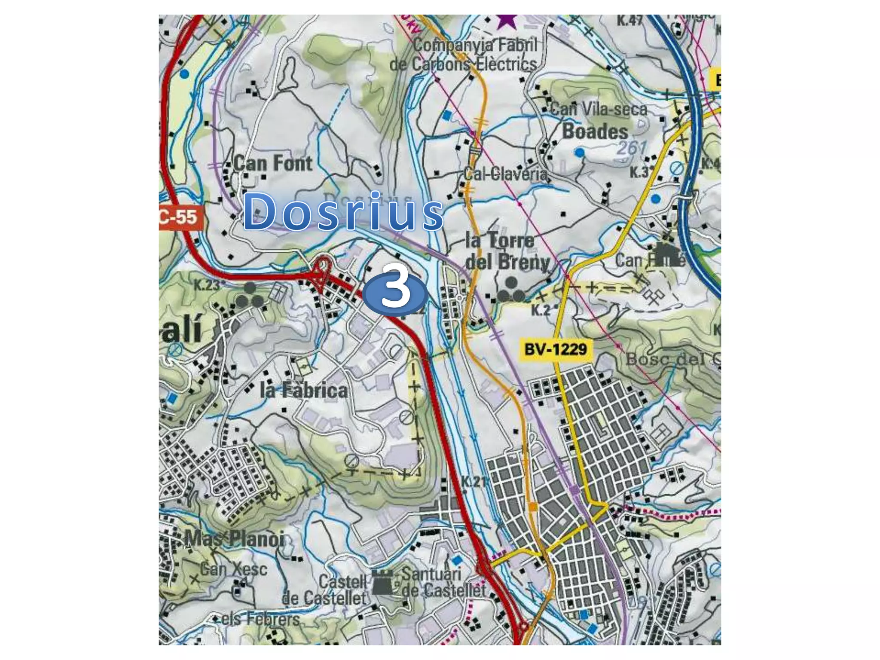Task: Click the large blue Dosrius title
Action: tap(343, 211)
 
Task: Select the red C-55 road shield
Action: tap(180, 217)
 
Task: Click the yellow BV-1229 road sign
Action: tap(556, 348)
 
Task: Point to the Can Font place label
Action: tap(273, 164)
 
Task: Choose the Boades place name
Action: tap(595, 131)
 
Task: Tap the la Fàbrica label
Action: tap(304, 391)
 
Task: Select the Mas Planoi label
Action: tap(235, 539)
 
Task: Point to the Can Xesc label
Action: tap(234, 569)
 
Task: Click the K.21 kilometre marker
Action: tap(474, 481)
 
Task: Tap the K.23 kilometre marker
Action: tap(207, 285)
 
